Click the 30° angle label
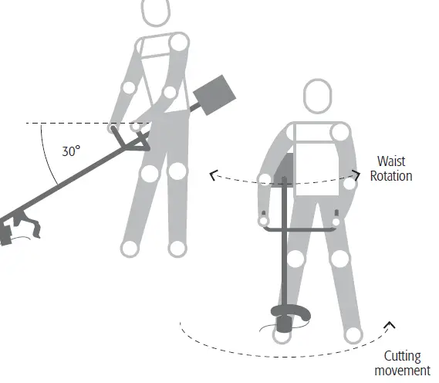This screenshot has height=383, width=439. pos(71,151)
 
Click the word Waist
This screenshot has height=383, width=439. pos(391,161)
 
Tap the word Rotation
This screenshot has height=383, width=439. pos(391,176)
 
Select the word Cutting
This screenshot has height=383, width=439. pos(402,357)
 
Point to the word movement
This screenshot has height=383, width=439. pos(402,371)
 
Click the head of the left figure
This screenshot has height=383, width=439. pos(156,12)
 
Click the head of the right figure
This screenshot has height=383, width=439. pos(318,96)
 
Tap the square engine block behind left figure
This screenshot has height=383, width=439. pos(214,95)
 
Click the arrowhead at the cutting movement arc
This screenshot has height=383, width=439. pos(390,325)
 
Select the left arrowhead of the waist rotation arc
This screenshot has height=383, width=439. pos(214,175)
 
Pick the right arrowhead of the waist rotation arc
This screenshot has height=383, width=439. pos(356,175)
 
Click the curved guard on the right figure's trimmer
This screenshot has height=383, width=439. pos(291,311)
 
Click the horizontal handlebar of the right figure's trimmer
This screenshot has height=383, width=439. pos(300,230)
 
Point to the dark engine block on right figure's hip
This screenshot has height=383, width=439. pos(284,170)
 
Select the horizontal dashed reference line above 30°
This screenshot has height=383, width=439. pos(89,123)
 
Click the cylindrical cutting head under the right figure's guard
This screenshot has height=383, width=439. pos(284,324)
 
